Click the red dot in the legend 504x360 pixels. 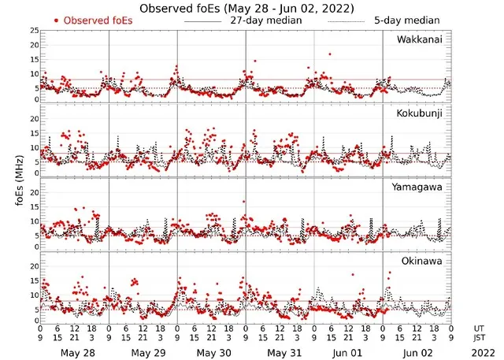56,20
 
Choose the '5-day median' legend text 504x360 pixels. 407,20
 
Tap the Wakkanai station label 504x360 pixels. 419,39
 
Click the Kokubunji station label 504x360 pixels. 419,113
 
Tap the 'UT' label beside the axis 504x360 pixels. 478,327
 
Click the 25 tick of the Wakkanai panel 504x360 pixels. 34,30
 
